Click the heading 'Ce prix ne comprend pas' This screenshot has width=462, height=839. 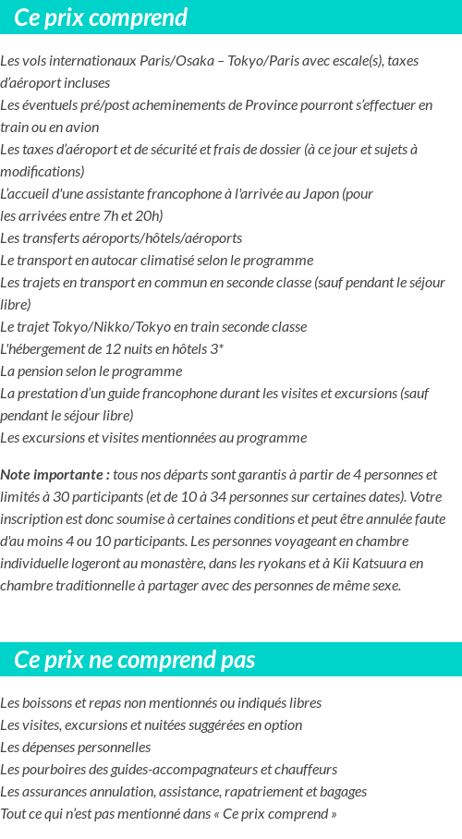[x=135, y=660]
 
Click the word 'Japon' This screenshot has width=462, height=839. [x=319, y=194]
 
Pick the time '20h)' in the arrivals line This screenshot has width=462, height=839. [x=148, y=216]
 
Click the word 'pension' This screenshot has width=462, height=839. [x=43, y=371]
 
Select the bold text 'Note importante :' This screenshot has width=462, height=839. [x=55, y=475]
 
